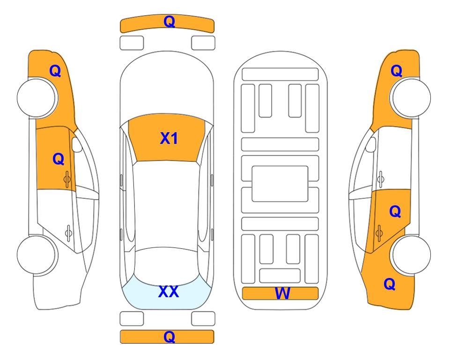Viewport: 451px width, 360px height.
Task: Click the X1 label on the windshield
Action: pyautogui.click(x=169, y=138)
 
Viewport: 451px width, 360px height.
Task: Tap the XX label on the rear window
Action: pyautogui.click(x=169, y=292)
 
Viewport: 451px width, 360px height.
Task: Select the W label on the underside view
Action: pyautogui.click(x=282, y=293)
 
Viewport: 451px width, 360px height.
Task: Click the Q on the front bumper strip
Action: pyautogui.click(x=170, y=22)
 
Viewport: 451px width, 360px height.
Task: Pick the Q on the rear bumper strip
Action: pyautogui.click(x=170, y=337)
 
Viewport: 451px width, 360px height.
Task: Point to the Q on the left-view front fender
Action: pyautogui.click(x=55, y=71)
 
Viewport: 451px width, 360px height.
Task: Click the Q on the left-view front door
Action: pyautogui.click(x=59, y=159)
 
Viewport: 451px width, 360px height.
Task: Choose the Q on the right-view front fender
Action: pyautogui.click(x=396, y=71)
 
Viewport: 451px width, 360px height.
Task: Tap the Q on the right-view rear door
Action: pyautogui.click(x=395, y=212)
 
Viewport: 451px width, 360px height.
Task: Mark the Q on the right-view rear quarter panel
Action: pyautogui.click(x=390, y=284)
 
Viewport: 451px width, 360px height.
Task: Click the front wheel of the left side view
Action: pyautogui.click(x=37, y=97)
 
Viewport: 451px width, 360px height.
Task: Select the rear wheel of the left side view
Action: pyautogui.click(x=37, y=255)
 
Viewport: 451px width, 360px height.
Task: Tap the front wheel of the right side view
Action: pyautogui.click(x=411, y=97)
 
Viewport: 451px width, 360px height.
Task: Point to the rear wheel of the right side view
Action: pyautogui.click(x=411, y=255)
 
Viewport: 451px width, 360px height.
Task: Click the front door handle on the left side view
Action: pyautogui.click(x=67, y=179)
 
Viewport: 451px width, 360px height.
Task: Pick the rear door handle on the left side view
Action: pyautogui.click(x=68, y=232)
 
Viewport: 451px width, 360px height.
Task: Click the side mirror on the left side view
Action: pyautogui.click(x=77, y=144)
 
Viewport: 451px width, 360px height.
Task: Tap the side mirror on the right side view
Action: pyautogui.click(x=370, y=144)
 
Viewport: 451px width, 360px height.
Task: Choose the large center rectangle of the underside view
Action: pyautogui.click(x=280, y=184)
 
